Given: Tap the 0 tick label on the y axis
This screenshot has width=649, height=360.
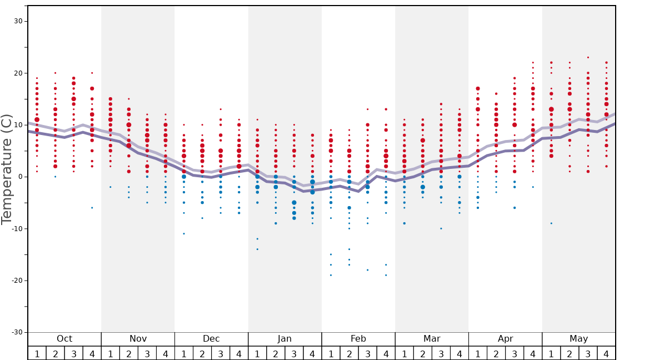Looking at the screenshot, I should point(20,177).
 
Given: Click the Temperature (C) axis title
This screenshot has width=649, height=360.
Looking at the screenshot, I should point(7,169).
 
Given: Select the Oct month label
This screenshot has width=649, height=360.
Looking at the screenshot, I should point(64,339).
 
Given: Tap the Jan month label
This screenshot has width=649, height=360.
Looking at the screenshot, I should point(284,339).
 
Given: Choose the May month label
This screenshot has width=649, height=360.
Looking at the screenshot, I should point(578,339).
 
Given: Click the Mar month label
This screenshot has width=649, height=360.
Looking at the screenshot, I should point(432,339).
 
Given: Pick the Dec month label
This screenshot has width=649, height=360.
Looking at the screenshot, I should point(211,339).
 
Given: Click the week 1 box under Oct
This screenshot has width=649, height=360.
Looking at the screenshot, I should point(37,353).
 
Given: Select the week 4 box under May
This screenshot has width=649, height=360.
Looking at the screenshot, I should point(606,353).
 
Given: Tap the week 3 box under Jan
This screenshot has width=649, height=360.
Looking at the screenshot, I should point(294,353).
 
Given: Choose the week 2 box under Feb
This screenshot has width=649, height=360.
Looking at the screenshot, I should point(349,353).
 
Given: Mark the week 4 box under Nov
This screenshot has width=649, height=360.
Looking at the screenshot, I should point(166,353).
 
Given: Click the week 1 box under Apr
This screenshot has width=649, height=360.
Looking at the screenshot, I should point(478,353).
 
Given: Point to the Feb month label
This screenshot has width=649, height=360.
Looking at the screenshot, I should point(358,339).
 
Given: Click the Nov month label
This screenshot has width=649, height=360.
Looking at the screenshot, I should point(138,339).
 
